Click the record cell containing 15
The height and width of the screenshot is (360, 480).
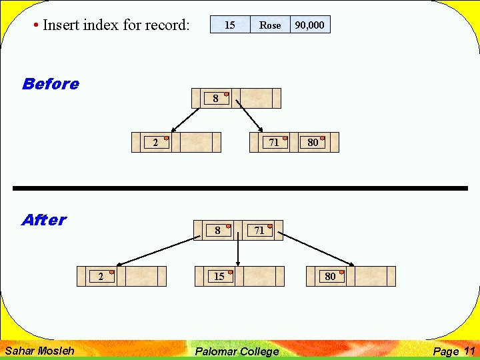click(x=230, y=25)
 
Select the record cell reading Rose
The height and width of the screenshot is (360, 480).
click(x=270, y=25)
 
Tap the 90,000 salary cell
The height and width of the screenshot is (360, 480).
click(x=310, y=25)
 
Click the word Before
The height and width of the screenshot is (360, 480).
click(x=50, y=84)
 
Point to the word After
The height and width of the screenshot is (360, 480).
click(x=44, y=220)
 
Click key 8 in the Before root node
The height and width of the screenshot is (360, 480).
click(x=215, y=99)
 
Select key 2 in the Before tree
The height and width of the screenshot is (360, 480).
click(x=156, y=142)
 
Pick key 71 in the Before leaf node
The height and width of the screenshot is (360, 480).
click(x=274, y=142)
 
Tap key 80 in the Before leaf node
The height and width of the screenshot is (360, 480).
click(x=313, y=142)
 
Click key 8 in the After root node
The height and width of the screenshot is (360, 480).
click(x=217, y=231)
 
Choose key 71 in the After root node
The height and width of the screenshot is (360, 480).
click(x=259, y=231)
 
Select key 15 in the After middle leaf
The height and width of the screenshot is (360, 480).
click(x=219, y=277)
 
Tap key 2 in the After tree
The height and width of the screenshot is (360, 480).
click(x=101, y=277)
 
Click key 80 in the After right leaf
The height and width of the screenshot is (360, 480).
click(x=330, y=277)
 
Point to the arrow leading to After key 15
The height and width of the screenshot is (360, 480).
click(x=238, y=253)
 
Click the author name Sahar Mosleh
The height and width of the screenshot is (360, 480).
click(x=40, y=351)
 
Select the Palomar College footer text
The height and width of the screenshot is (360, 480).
click(x=237, y=351)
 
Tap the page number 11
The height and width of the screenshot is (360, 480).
click(x=469, y=351)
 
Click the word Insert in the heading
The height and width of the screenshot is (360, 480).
click(x=60, y=25)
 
